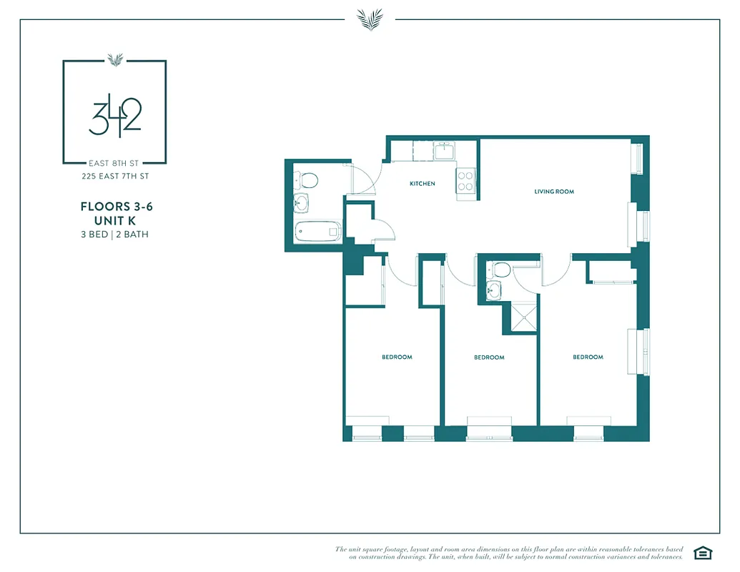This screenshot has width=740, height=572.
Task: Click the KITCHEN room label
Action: (422, 184)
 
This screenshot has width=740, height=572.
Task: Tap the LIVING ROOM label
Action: (554, 192)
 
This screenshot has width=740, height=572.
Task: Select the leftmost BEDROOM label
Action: (397, 357)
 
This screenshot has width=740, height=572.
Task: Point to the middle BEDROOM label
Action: (489, 357)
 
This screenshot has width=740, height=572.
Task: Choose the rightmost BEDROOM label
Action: (588, 357)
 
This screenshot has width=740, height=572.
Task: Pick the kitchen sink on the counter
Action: (445, 151)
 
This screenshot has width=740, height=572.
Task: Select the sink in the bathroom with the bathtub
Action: (302, 204)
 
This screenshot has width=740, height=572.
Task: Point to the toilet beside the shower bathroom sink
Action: (500, 270)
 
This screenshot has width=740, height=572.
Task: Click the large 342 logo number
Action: (115, 117)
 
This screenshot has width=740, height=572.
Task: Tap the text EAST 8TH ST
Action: (114, 163)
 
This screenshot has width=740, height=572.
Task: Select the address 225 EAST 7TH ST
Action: (114, 175)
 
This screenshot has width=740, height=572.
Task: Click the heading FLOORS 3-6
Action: (117, 207)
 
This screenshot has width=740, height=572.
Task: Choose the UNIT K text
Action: (116, 221)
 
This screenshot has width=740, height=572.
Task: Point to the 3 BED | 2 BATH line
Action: (115, 235)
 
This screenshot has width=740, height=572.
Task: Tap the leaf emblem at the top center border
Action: (370, 19)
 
